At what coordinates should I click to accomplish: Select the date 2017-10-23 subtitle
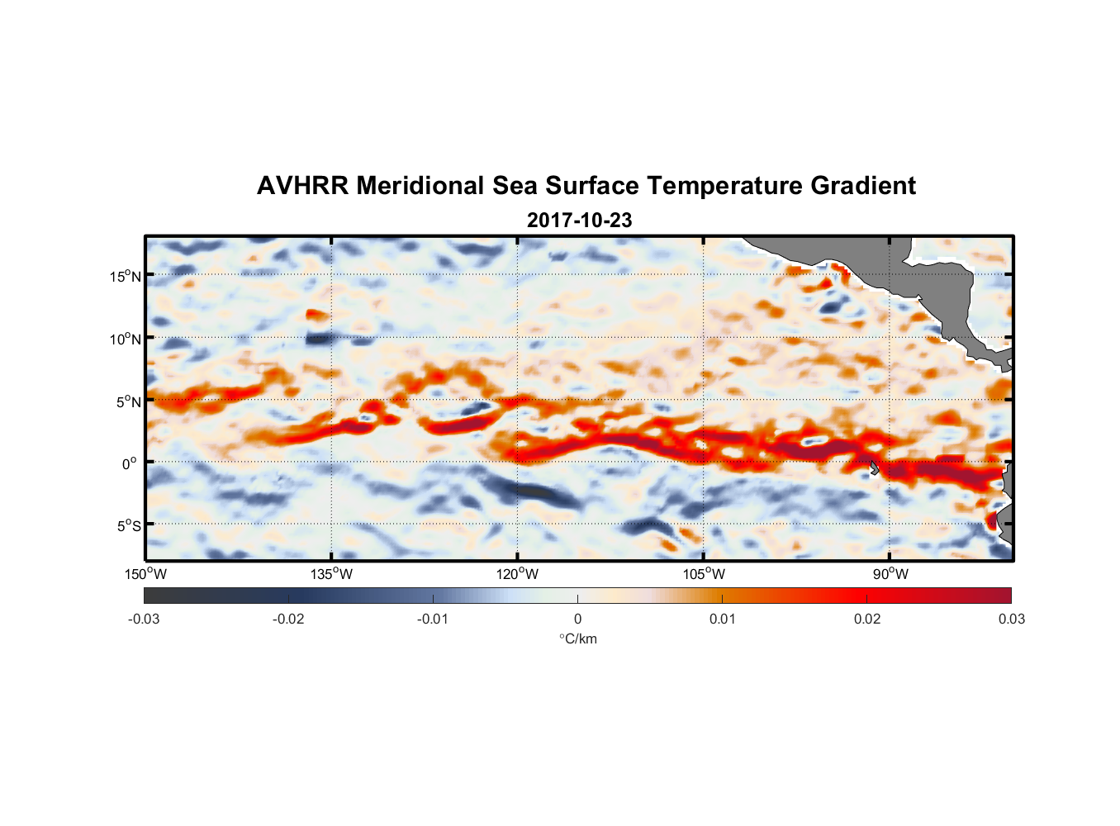click(579, 221)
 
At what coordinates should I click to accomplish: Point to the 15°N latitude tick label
click(126, 276)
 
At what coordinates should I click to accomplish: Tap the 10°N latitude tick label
click(126, 339)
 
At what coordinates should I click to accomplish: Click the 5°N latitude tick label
click(128, 401)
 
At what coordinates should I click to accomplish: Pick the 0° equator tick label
click(130, 463)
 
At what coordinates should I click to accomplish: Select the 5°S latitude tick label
click(128, 525)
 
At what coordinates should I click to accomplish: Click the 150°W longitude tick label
click(145, 574)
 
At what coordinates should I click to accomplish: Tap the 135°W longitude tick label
click(332, 574)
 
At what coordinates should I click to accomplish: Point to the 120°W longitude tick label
click(518, 574)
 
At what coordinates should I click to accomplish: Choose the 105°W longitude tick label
click(704, 574)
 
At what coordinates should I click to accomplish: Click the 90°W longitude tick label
click(890, 574)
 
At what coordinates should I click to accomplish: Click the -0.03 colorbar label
click(144, 619)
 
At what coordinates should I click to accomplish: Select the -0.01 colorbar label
click(433, 619)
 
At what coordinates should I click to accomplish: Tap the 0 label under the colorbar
click(577, 619)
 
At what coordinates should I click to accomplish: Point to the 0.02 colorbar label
click(867, 619)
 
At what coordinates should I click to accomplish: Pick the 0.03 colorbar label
click(1011, 619)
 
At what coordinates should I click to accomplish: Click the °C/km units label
click(577, 638)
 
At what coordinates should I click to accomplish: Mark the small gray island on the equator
click(874, 468)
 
